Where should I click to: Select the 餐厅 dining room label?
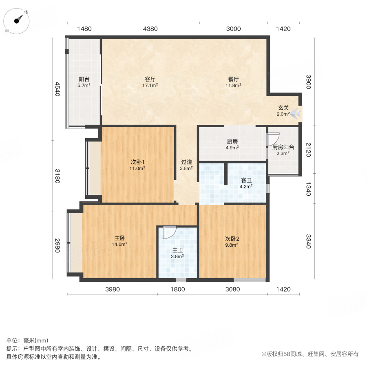[233, 79]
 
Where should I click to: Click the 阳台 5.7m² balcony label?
[84, 80]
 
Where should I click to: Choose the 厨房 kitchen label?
[232, 142]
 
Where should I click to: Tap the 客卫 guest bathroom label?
[246, 180]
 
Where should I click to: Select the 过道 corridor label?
[187, 161]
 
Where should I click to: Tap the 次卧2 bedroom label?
[232, 239]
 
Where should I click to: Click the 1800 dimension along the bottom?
[178, 289]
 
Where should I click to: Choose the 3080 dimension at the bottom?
[233, 289]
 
